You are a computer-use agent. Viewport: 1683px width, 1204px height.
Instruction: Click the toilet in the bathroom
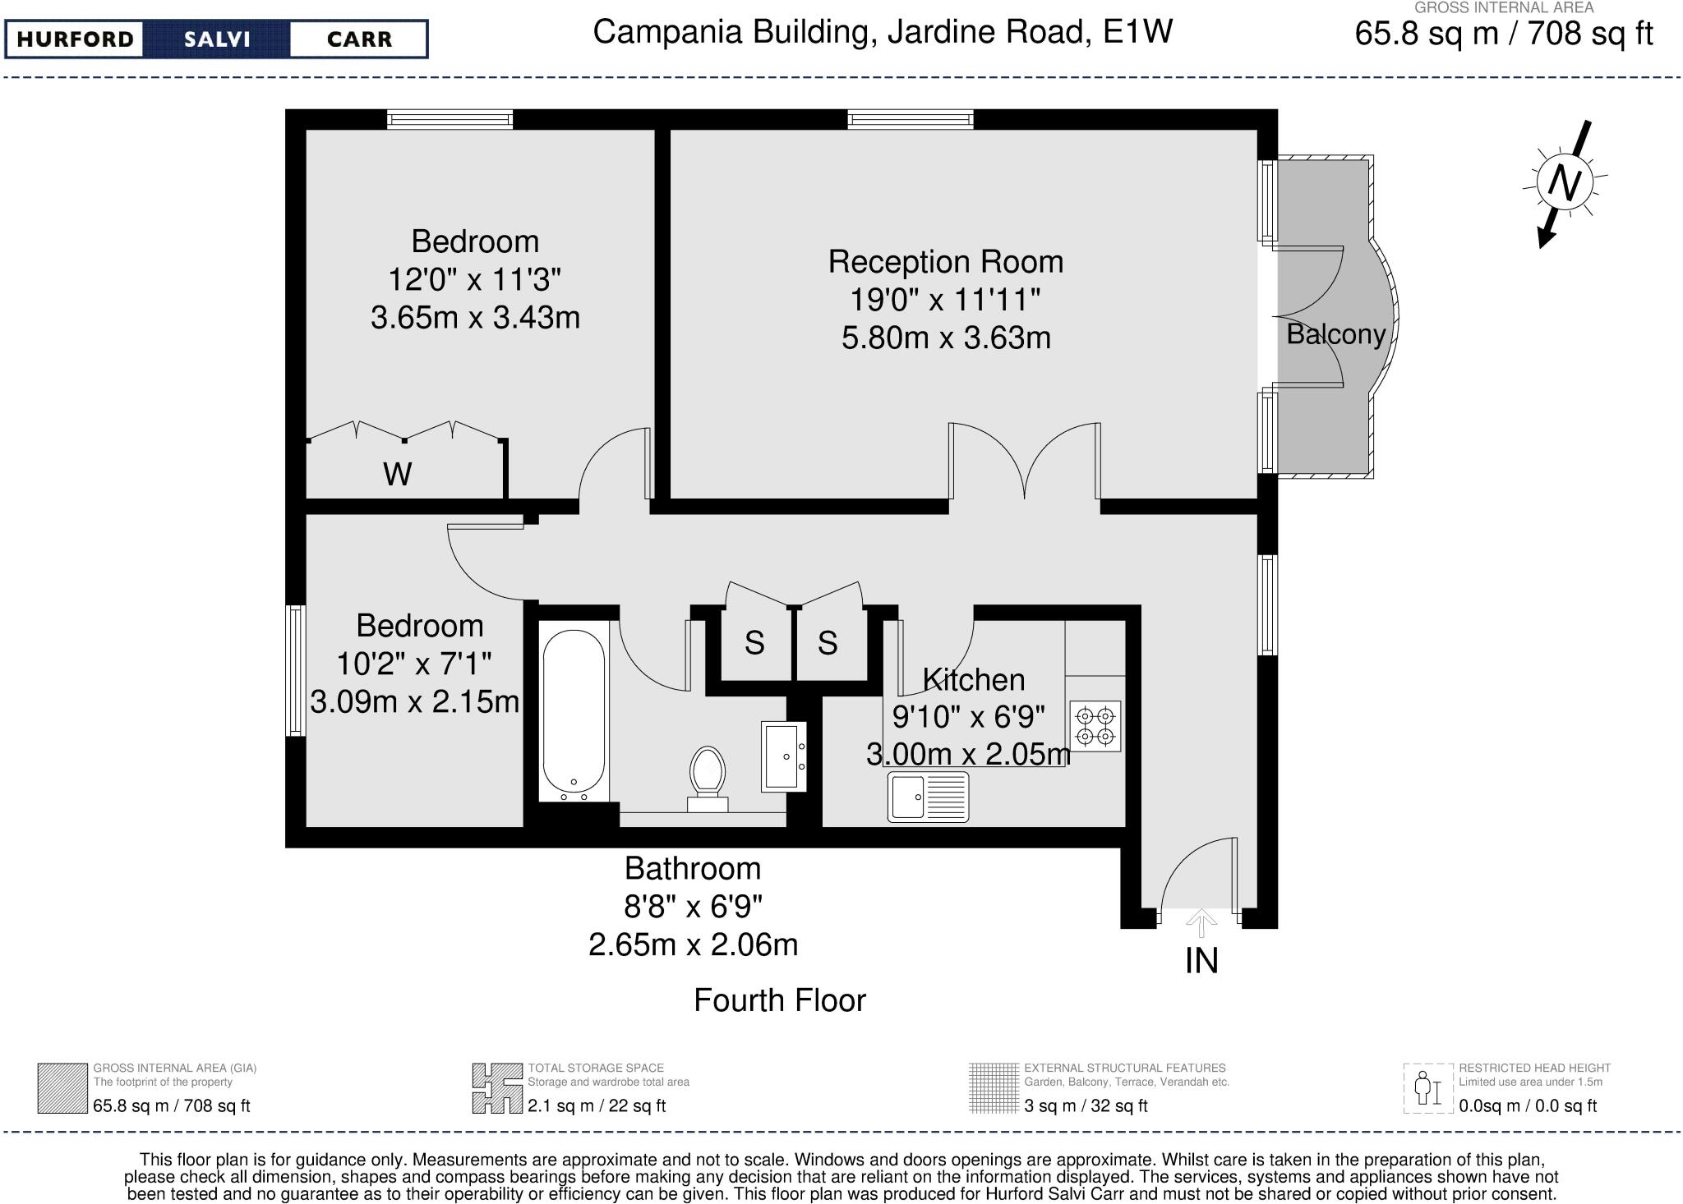[x=708, y=777]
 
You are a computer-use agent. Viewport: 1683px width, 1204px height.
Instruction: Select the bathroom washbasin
[x=784, y=756]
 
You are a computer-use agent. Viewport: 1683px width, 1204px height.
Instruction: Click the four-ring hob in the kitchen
[x=1095, y=726]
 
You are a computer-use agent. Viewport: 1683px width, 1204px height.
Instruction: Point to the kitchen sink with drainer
[x=928, y=797]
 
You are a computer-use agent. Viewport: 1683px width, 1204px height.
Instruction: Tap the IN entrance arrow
[x=1201, y=922]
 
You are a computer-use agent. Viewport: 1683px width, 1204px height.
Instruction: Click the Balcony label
[x=1335, y=334]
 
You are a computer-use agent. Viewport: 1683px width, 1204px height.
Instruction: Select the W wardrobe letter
[x=398, y=474]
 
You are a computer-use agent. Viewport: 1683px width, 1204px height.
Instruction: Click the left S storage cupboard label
[x=754, y=643]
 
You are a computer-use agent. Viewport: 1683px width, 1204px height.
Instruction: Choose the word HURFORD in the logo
[x=75, y=39]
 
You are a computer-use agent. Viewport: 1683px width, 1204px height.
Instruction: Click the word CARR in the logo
[x=359, y=39]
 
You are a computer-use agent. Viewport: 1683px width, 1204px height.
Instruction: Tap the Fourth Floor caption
[x=779, y=1000]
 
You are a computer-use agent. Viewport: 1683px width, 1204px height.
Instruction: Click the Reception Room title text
[x=945, y=262]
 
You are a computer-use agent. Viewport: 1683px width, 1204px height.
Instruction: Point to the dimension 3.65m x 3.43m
[x=475, y=317]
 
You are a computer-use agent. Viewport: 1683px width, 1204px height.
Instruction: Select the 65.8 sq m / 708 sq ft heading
[x=1503, y=34]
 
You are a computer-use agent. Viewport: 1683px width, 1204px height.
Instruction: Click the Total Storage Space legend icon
[x=497, y=1088]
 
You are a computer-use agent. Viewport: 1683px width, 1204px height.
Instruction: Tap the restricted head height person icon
[x=1428, y=1088]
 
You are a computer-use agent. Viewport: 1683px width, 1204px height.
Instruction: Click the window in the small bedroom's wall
[x=295, y=671]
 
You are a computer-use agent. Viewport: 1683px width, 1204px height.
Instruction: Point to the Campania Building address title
[x=883, y=32]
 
